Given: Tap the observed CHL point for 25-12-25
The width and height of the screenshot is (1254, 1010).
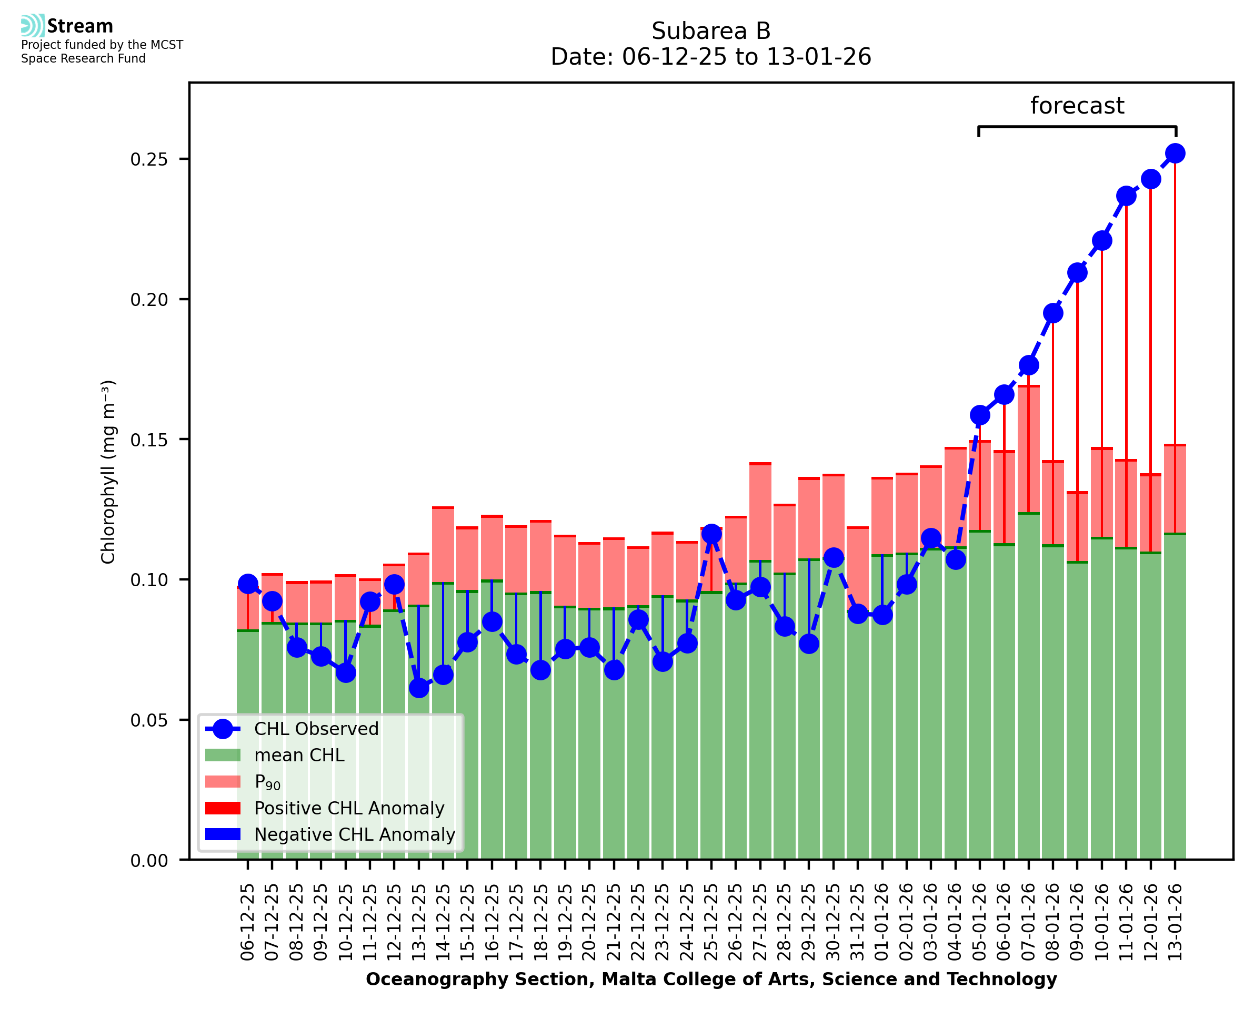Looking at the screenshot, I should pos(711,534).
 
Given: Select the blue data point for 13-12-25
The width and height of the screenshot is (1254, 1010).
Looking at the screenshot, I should pos(418,688).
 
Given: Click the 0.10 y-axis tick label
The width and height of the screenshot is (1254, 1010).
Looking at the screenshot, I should pos(148,580).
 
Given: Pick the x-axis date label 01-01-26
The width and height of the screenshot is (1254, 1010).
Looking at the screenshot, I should pos(882,922).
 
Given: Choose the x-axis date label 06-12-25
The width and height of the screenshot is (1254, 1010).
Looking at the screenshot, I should pos(248,922).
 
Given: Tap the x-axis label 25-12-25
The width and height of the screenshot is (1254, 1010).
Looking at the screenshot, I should pos(711,922).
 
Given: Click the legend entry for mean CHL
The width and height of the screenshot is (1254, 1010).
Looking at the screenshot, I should pos(299,755).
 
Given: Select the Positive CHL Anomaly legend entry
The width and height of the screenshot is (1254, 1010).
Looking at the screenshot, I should pos(349,808).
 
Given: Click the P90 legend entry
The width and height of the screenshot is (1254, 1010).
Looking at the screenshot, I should pos(267,782).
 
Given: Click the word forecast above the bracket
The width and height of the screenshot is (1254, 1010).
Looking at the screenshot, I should pos(1077,106).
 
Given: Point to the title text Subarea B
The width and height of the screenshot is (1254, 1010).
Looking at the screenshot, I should pos(711,31).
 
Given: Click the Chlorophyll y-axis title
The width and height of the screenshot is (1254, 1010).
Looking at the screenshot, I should pos(108,472).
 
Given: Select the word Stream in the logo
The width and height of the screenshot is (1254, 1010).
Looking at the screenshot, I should pos(80,26).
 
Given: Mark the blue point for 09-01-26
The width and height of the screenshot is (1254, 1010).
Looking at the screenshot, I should pos(1077,273).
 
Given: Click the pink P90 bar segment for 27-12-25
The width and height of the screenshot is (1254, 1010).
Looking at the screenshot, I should pos(760,512).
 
